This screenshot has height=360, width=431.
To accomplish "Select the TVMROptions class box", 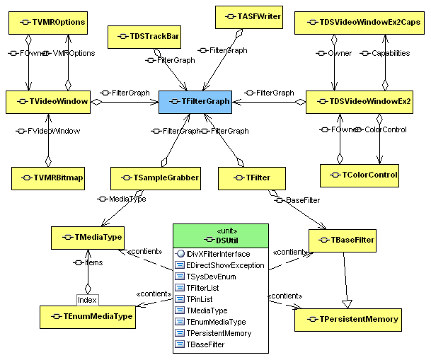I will [48, 23].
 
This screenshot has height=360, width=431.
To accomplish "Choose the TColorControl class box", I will [360, 174].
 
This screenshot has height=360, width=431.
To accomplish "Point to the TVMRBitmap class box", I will [48, 178].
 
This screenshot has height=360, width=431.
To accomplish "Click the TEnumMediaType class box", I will [87, 316].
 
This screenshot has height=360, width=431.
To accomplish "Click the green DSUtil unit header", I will [221, 236].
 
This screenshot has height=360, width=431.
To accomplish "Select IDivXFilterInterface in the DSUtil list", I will [222, 254].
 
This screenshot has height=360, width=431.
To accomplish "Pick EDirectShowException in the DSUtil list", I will [224, 265].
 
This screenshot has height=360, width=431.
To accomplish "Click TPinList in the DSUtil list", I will [201, 299].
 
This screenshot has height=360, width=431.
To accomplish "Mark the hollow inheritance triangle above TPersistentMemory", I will [347, 302].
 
